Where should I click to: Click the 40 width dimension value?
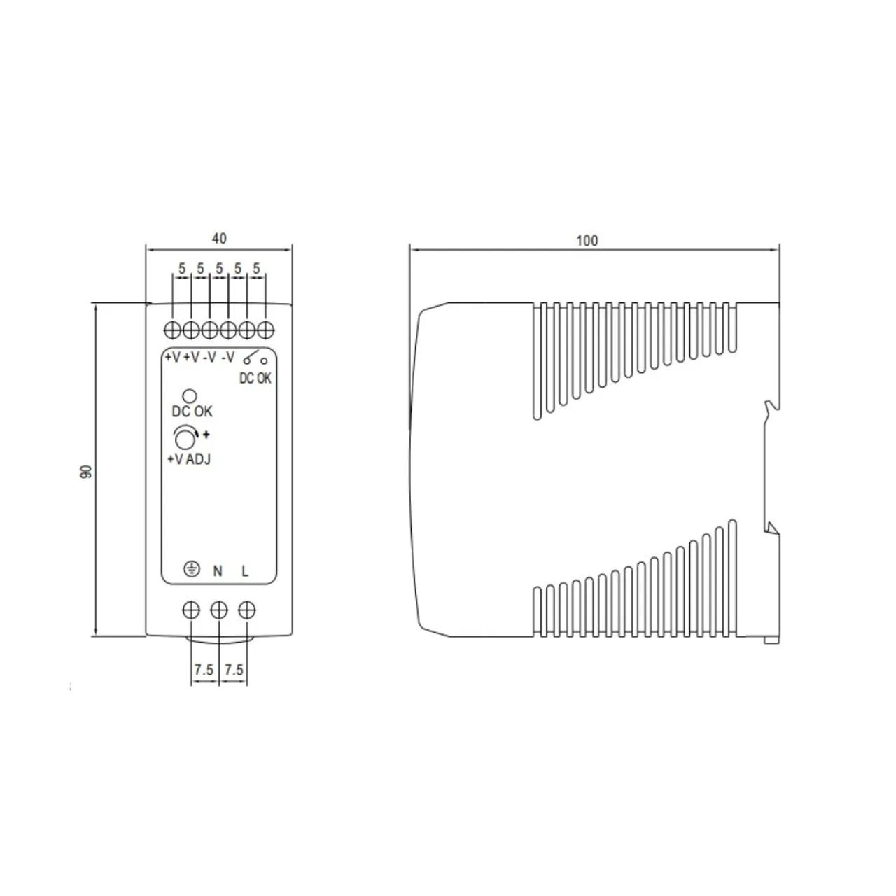click(x=219, y=239)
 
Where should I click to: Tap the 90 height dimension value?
click(x=87, y=471)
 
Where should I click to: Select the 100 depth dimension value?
click(x=587, y=241)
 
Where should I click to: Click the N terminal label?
click(x=218, y=571)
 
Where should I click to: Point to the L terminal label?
click(x=245, y=571)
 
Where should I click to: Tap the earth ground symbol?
click(x=192, y=569)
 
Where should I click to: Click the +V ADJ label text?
click(x=189, y=459)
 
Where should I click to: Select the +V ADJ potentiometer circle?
click(x=185, y=438)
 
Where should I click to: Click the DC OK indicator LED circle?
click(x=189, y=396)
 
